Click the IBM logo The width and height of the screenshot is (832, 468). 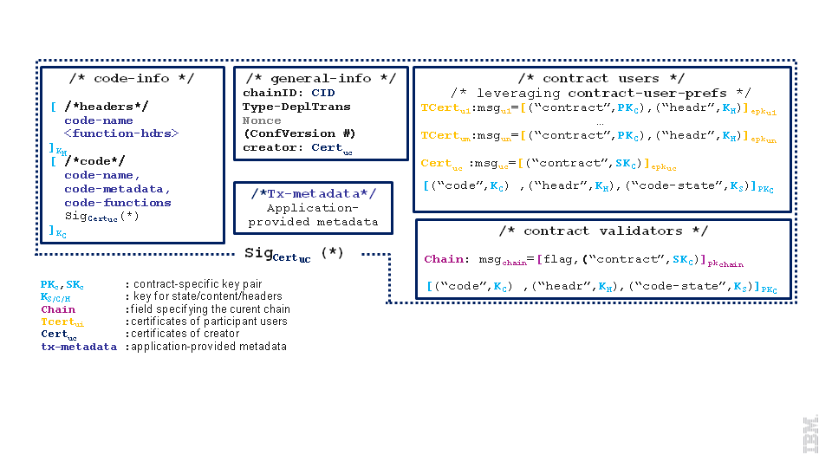811,434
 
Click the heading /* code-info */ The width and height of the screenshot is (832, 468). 132,78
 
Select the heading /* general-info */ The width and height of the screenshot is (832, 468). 321,78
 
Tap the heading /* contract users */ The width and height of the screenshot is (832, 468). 601,78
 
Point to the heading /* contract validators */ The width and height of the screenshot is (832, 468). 603,231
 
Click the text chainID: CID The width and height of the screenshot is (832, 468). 289,93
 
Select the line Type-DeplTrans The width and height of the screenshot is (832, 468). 296,107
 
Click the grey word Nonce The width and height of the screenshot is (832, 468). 262,120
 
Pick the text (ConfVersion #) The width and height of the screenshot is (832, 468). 299,133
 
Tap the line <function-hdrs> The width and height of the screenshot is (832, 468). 121,133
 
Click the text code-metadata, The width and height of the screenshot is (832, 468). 118,189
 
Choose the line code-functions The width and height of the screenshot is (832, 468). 118,203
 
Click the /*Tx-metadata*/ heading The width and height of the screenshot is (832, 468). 312,194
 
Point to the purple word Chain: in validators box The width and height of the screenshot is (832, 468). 445,259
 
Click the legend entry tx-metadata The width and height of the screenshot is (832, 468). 78,347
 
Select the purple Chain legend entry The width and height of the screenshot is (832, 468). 58,309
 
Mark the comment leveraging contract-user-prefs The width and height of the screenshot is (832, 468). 601,93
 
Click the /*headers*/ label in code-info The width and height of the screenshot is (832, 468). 106,107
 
